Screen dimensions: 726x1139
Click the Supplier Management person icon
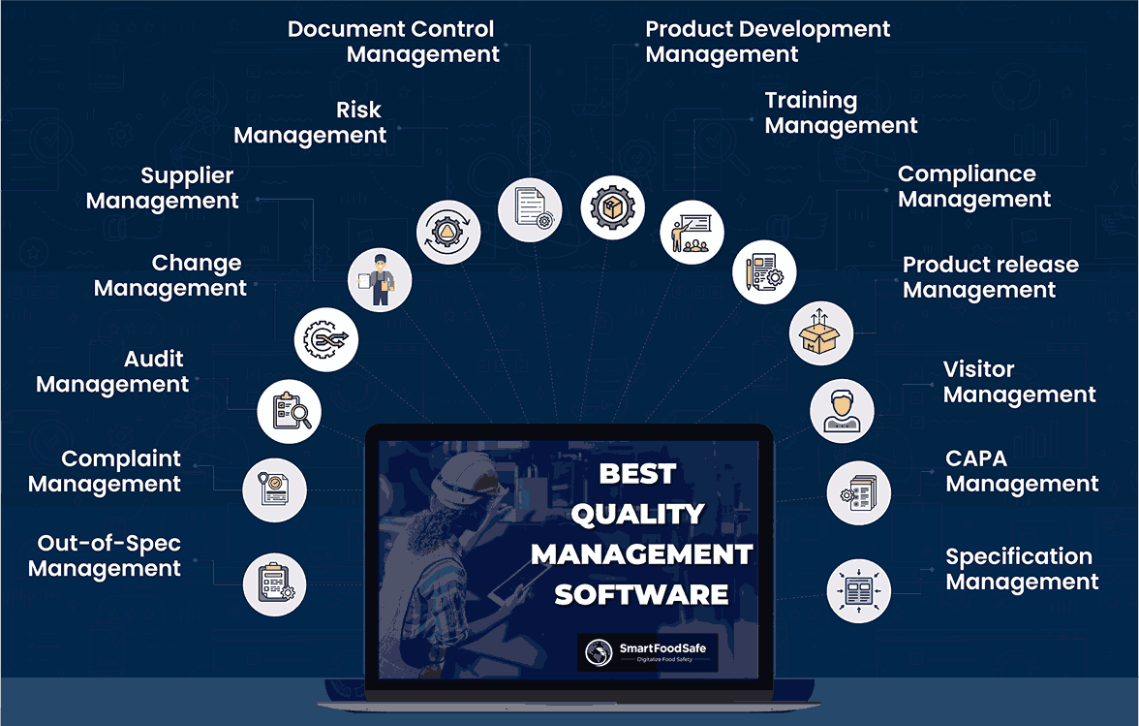coord(380,279)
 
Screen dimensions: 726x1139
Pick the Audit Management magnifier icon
coord(290,411)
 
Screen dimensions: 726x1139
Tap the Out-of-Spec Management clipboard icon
coord(275,584)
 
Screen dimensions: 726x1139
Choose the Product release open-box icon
coord(820,332)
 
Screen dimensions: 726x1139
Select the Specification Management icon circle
coord(859,589)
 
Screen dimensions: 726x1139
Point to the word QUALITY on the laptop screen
coord(637,514)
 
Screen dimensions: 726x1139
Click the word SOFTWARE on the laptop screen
coord(641,593)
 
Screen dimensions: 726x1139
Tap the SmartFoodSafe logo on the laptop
coord(647,652)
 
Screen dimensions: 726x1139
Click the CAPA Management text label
coord(1022,471)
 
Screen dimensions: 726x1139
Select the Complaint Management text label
coord(105,471)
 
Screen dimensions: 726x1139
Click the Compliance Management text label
coord(973,187)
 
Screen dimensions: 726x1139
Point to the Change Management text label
coord(170,275)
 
